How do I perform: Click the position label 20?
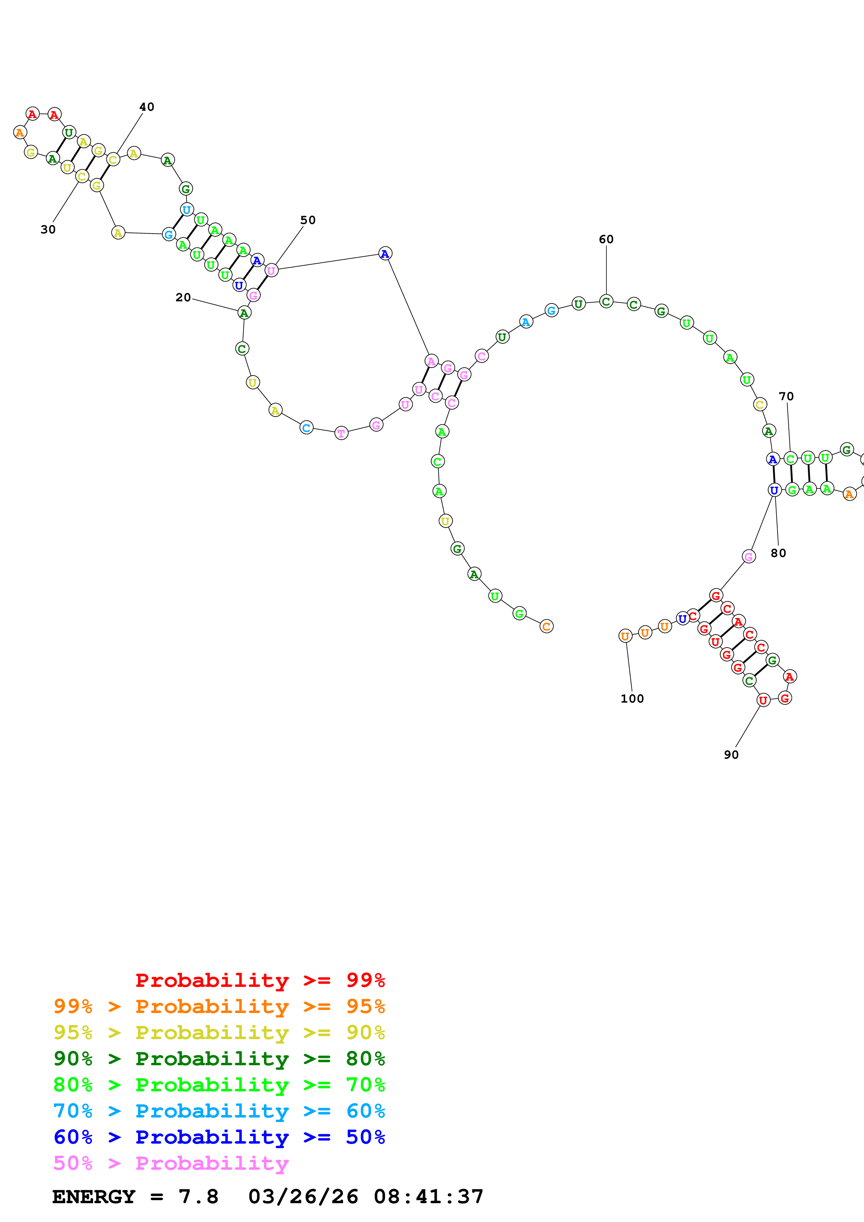tap(183, 297)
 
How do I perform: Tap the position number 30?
tap(48, 230)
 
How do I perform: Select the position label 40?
tap(147, 107)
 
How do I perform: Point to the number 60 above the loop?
tap(606, 240)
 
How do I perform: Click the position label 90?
tap(732, 755)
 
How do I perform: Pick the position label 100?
tap(633, 699)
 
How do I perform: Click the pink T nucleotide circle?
tap(341, 433)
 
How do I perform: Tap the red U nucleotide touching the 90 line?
tap(763, 701)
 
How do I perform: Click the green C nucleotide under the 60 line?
tap(606, 301)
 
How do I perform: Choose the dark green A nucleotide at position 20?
tap(244, 313)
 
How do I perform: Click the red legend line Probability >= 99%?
tap(260, 980)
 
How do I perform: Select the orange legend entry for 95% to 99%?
tap(219, 1006)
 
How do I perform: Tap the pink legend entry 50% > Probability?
tap(171, 1163)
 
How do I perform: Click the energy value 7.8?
tap(199, 1197)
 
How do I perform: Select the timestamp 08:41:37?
tap(429, 1197)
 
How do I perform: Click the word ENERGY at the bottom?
tap(94, 1197)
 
